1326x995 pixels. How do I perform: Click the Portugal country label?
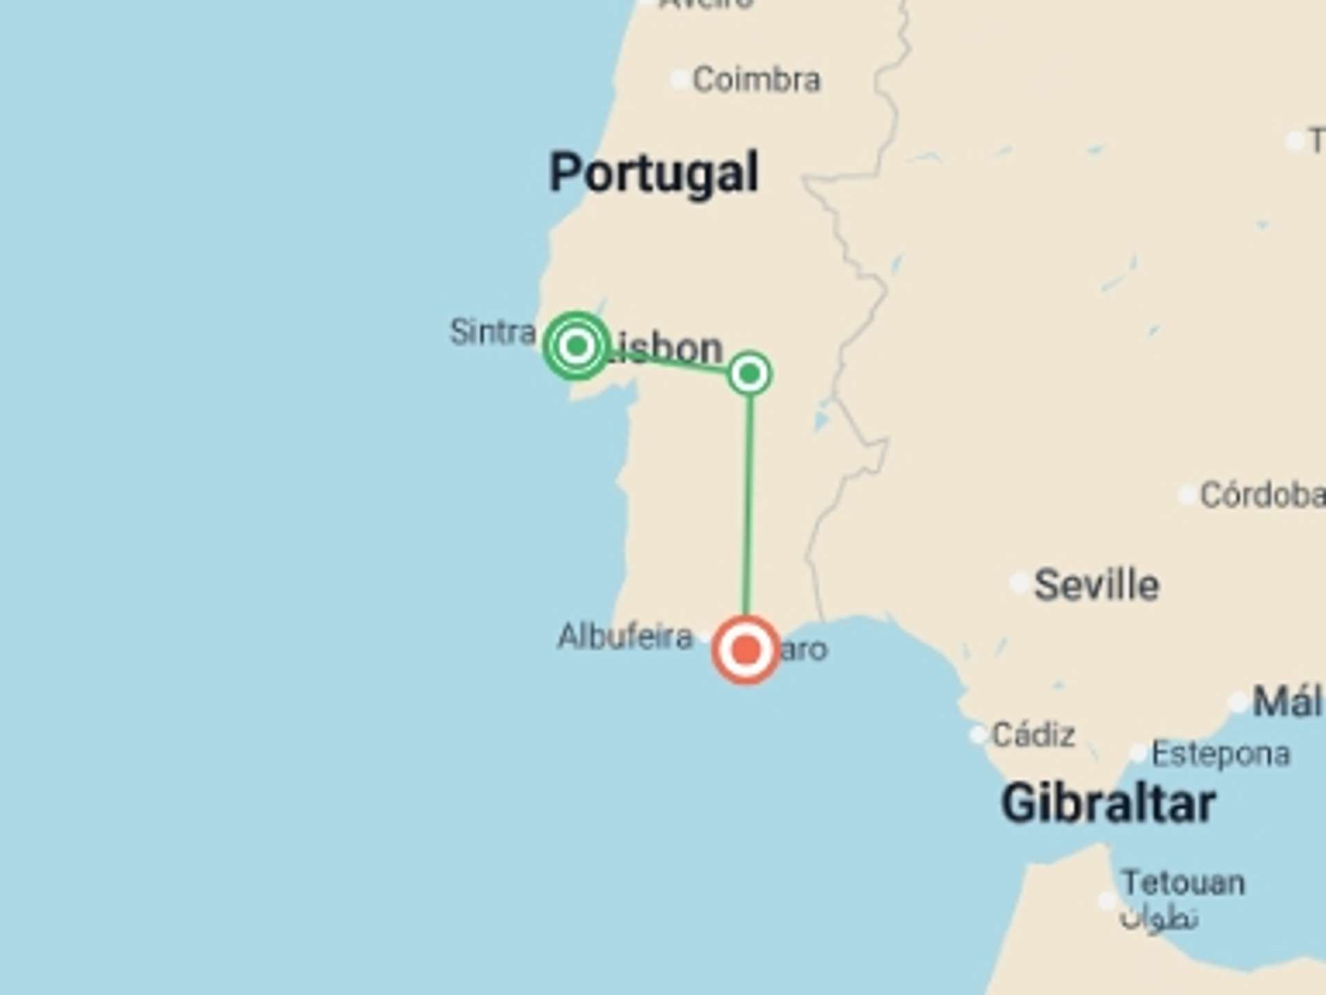[x=653, y=173]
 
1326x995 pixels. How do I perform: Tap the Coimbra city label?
[x=756, y=79]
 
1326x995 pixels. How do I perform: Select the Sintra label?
[x=492, y=332]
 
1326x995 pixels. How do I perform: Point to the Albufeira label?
[x=624, y=636]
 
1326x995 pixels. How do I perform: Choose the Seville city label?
[x=1096, y=585]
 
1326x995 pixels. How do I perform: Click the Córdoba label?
[x=1261, y=495]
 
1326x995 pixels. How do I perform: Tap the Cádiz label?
[x=1033, y=735]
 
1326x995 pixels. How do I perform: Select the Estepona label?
[x=1220, y=753]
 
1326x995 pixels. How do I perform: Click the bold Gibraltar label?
[x=1108, y=804]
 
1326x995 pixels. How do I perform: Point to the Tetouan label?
[x=1183, y=882]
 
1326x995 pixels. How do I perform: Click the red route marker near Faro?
[x=746, y=650]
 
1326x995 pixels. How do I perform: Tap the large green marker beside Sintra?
[x=577, y=345]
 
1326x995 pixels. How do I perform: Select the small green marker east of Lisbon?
[x=749, y=374]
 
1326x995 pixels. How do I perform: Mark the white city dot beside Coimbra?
[x=680, y=79]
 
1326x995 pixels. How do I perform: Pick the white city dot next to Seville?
[x=1019, y=582]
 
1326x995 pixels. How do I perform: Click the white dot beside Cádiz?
[x=978, y=734]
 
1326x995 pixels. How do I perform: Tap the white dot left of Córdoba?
[x=1186, y=495]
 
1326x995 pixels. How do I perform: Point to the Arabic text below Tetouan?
[x=1159, y=918]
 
